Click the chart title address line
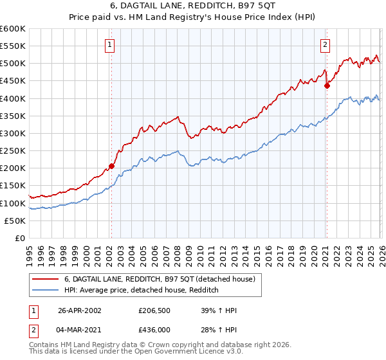coord(193,7)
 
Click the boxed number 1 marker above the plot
coord(111,45)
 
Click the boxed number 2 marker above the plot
coord(326,45)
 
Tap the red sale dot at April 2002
coord(111,166)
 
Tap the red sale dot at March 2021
coord(326,85)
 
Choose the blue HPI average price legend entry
coord(142,291)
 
